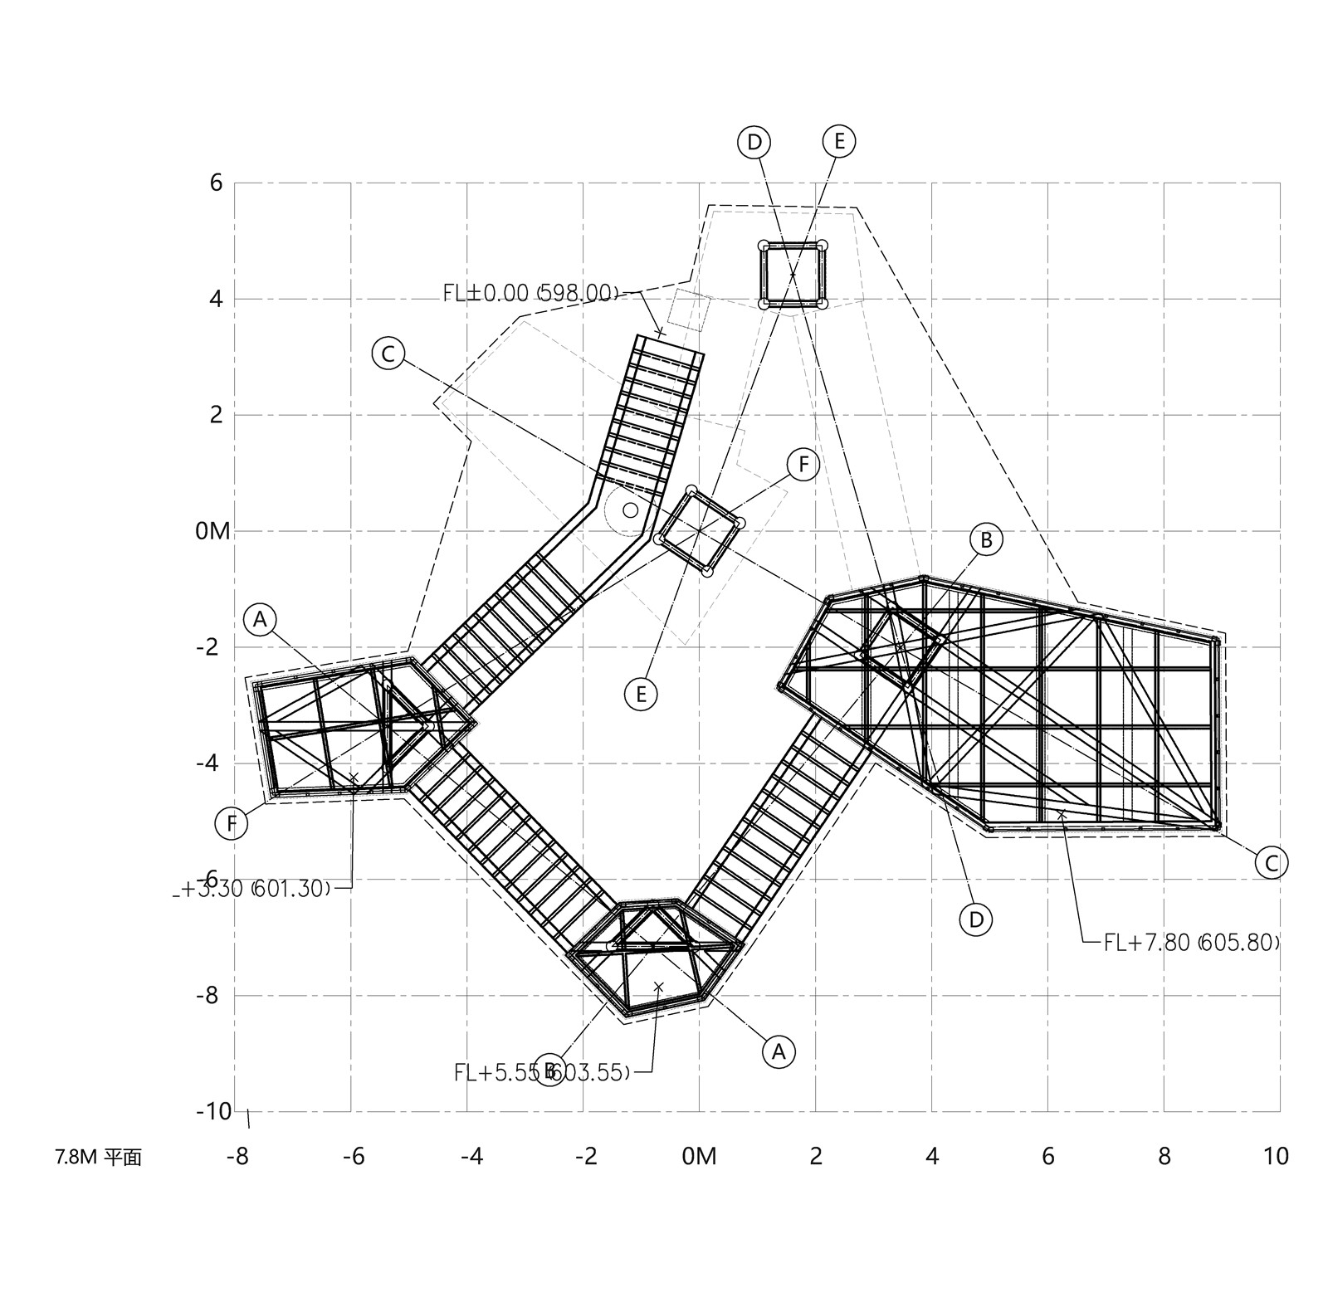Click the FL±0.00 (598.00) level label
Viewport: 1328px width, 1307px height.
[531, 293]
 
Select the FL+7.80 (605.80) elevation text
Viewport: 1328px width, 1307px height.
[1191, 943]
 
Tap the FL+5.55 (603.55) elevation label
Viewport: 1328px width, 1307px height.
[541, 1072]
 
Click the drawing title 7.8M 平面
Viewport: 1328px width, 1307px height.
[99, 1158]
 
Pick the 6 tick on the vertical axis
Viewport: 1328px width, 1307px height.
[217, 183]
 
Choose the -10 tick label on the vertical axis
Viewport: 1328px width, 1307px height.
[213, 1111]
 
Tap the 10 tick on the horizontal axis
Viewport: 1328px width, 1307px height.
[1276, 1156]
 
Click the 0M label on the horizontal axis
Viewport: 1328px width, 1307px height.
[699, 1156]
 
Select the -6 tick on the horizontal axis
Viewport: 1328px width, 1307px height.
[354, 1156]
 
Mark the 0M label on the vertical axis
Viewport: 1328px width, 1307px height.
[212, 531]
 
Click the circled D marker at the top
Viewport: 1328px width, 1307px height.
[754, 142]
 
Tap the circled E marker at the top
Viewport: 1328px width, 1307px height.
[839, 141]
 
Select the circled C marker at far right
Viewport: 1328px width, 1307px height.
[1271, 863]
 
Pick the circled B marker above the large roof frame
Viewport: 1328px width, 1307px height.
[986, 540]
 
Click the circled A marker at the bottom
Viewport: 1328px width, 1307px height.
[778, 1051]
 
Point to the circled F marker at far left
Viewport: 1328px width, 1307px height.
[232, 824]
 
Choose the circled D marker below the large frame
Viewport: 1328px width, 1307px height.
[976, 919]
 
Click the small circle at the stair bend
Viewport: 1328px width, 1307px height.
[631, 510]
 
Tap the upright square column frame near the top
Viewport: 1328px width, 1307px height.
[793, 275]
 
